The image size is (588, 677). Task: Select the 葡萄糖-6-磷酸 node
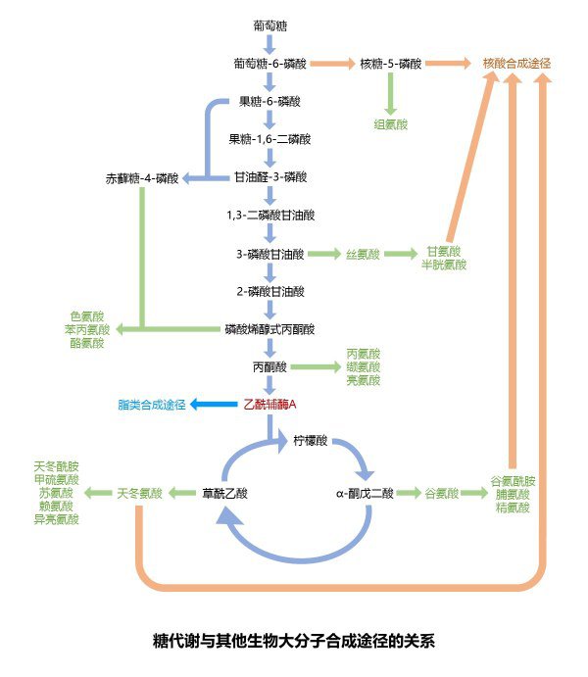pyautogui.click(x=269, y=64)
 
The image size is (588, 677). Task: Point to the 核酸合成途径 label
pyautogui.click(x=516, y=64)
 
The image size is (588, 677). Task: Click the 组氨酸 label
pyautogui.click(x=390, y=123)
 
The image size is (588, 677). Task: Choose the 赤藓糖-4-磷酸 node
pyautogui.click(x=143, y=178)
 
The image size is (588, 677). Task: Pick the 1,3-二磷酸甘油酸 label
pyautogui.click(x=269, y=215)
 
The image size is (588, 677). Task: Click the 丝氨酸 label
pyautogui.click(x=360, y=254)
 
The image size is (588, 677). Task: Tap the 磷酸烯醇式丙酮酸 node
pyautogui.click(x=269, y=329)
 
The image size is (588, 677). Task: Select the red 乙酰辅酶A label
pyautogui.click(x=269, y=404)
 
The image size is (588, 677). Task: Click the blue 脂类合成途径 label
pyautogui.click(x=151, y=404)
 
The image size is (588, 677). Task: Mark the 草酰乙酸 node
pyautogui.click(x=225, y=493)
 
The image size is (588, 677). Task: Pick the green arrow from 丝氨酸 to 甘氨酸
pyautogui.click(x=400, y=254)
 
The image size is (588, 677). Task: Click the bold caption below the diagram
pyautogui.click(x=293, y=642)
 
